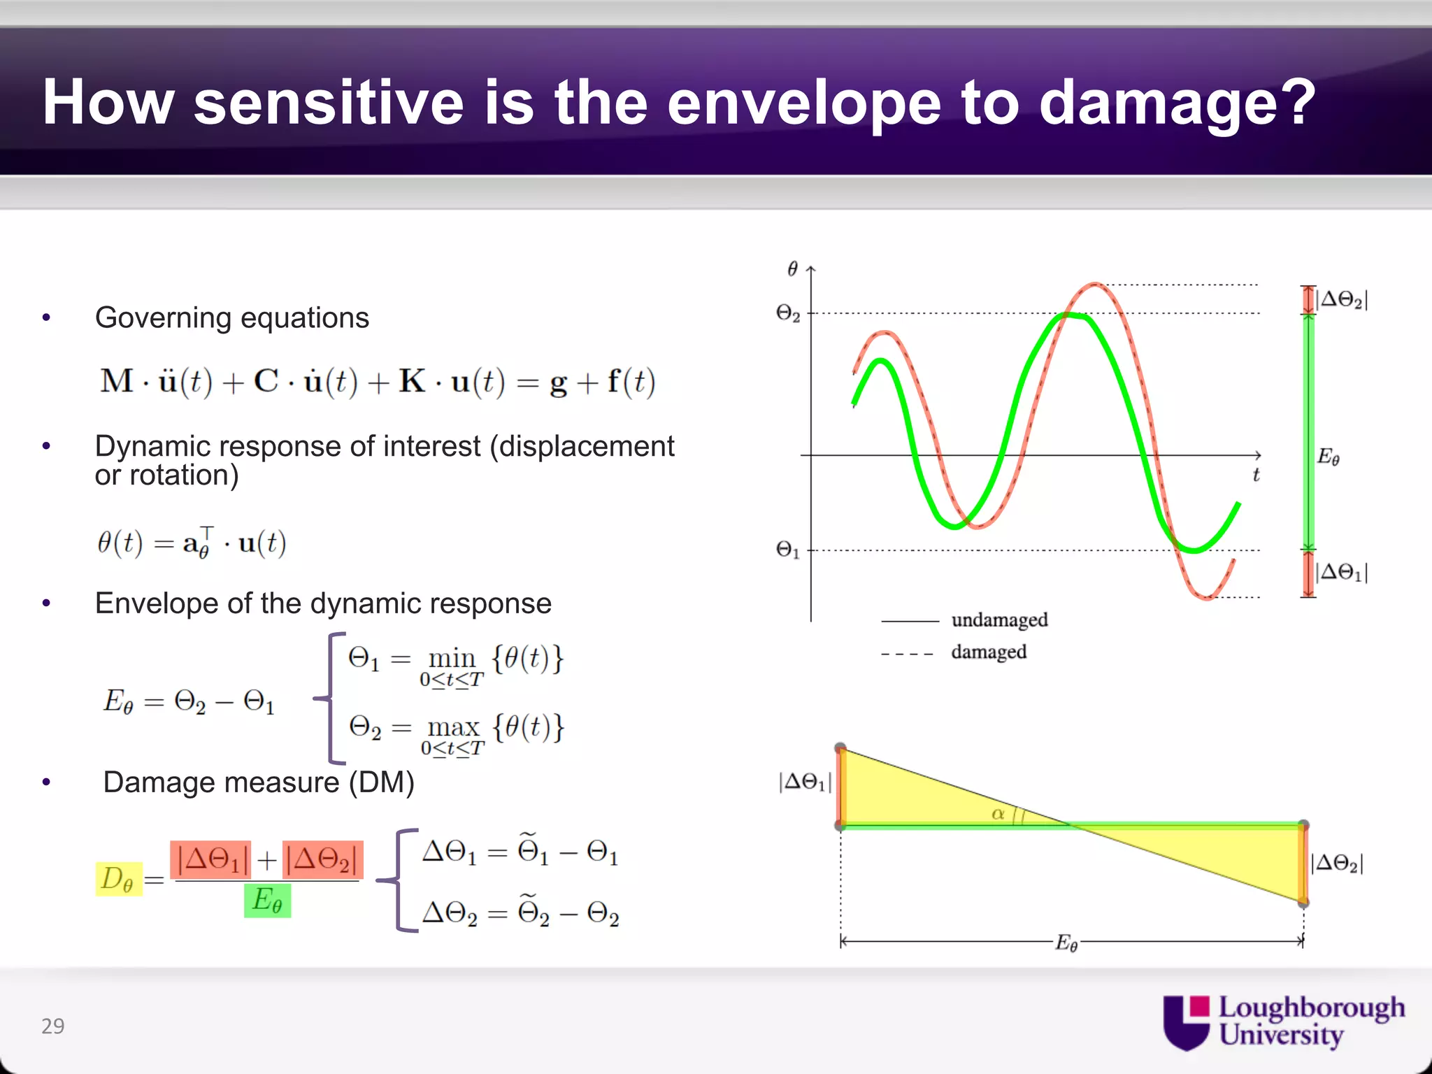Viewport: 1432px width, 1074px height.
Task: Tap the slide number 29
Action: [x=53, y=1026]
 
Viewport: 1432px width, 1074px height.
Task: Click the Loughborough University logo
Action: [x=1283, y=1022]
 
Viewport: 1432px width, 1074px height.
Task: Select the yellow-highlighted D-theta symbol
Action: [x=117, y=879]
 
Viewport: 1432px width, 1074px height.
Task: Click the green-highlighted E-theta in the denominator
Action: [x=267, y=901]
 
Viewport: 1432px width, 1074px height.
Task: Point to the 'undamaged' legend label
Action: [x=999, y=620]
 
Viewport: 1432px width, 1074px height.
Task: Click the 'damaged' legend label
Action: [x=988, y=652]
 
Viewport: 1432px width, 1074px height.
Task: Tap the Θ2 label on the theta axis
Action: [x=788, y=313]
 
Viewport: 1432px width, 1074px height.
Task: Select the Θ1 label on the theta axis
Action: [x=788, y=550]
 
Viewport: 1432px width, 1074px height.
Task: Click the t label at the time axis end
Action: [x=1256, y=475]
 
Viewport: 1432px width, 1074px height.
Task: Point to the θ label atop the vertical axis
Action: [x=792, y=268]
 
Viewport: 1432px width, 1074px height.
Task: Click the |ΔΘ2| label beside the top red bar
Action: [x=1341, y=299]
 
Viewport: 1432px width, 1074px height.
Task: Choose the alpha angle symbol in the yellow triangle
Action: [x=998, y=813]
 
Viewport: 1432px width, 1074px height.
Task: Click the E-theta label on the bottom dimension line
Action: [x=1066, y=943]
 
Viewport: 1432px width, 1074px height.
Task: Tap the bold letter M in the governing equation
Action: [x=116, y=382]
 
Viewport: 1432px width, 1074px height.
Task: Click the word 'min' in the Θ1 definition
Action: [x=452, y=658]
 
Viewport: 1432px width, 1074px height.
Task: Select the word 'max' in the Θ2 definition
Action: [x=453, y=727]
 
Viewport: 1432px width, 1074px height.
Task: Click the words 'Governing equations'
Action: [x=232, y=318]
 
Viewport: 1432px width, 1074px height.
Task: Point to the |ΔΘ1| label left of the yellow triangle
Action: [x=805, y=782]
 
